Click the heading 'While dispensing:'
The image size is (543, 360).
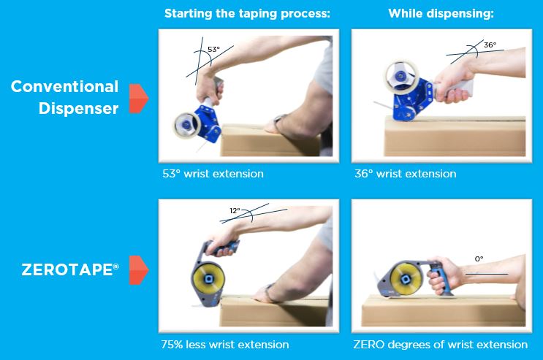point(441,13)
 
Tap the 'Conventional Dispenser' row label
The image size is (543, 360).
point(64,96)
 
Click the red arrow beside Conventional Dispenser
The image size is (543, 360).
point(139,98)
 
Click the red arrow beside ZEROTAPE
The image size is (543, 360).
point(139,270)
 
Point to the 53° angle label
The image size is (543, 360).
point(213,50)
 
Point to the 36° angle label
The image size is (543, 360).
point(489,45)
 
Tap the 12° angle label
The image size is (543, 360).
point(235,210)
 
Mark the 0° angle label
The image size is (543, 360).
point(479,258)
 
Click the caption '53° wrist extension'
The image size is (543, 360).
point(213,174)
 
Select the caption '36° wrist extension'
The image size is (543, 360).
point(405,174)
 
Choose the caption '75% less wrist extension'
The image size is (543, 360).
point(225,344)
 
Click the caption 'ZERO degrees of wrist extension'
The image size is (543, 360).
point(440,344)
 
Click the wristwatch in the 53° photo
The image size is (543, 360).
point(278,120)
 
